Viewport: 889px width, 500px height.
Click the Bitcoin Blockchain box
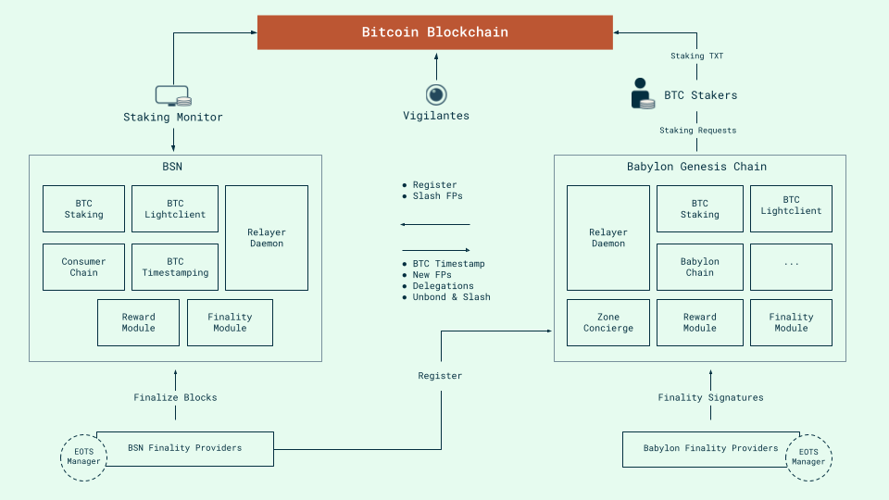click(434, 32)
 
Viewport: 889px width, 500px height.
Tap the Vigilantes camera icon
click(436, 94)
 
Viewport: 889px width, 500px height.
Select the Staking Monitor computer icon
click(173, 95)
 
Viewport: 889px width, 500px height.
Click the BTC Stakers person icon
click(641, 94)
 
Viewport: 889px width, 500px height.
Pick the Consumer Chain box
click(83, 268)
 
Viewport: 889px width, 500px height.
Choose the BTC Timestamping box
click(175, 268)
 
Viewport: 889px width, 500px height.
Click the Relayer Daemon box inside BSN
click(267, 238)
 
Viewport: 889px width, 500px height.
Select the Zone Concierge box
click(608, 322)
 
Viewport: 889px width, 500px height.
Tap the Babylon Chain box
click(699, 268)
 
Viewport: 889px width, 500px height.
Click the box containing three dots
click(791, 268)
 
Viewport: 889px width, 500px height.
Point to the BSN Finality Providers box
click(185, 448)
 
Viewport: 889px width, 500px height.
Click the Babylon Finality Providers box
click(710, 448)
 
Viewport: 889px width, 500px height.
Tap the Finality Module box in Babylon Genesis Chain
click(791, 322)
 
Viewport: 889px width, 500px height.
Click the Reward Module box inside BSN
click(138, 322)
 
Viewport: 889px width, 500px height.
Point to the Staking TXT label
click(696, 56)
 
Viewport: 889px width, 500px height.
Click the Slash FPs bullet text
click(437, 196)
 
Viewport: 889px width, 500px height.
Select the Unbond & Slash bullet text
click(451, 297)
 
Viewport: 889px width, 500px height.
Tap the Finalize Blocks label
click(175, 398)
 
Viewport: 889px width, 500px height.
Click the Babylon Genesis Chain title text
click(696, 167)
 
